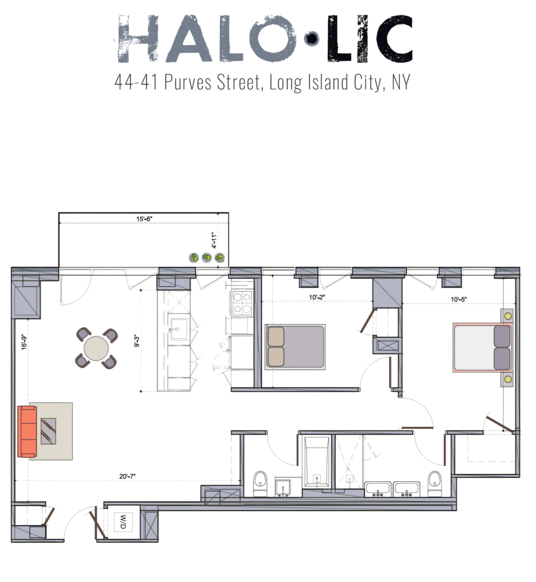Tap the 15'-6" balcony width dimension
(144, 219)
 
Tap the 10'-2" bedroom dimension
(317, 297)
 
